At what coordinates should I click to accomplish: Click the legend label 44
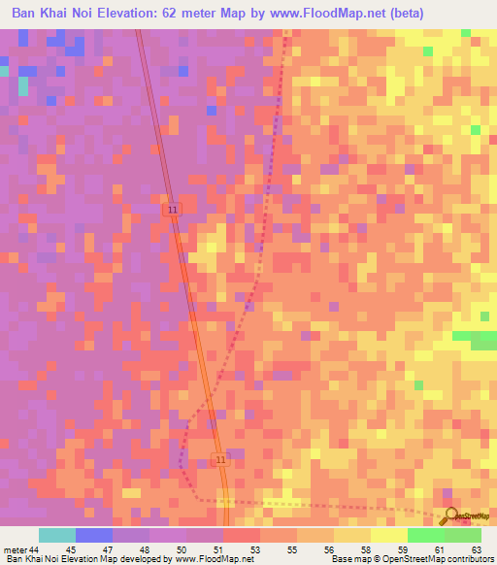coord(34,548)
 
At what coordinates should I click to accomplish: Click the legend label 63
coord(476,548)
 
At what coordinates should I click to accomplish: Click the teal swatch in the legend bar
coord(57,535)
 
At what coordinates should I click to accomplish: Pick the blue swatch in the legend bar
coord(94,535)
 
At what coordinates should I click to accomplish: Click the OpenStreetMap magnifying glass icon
coord(448,515)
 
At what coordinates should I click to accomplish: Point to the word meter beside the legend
coord(15,548)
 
